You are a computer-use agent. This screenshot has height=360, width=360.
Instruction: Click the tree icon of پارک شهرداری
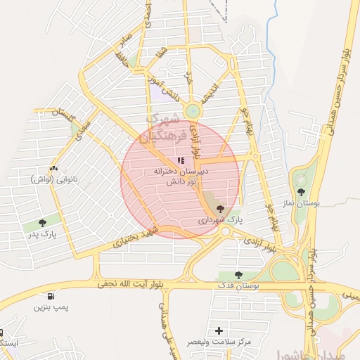click(x=221, y=208)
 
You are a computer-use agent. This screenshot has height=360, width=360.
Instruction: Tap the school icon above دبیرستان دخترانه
click(x=181, y=161)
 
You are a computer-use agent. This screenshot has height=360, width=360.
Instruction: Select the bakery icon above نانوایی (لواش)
click(x=54, y=169)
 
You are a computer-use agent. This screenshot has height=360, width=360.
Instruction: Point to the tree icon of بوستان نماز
click(x=302, y=192)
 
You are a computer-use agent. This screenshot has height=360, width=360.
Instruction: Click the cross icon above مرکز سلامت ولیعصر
click(x=220, y=330)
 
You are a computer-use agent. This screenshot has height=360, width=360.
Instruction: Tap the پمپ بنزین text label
click(x=51, y=308)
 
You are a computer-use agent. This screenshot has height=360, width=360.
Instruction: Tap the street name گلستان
click(x=58, y=112)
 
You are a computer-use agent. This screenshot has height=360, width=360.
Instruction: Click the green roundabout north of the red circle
click(x=192, y=111)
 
